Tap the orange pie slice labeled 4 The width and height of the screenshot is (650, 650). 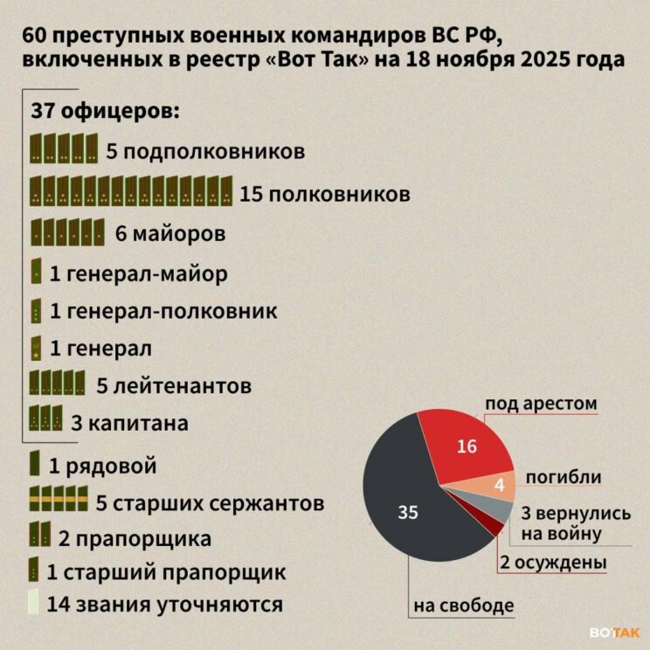[x=496, y=484]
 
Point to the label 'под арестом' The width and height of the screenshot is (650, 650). [x=541, y=404]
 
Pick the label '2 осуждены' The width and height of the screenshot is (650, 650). [x=553, y=563]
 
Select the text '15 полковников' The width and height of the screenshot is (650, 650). [x=325, y=193]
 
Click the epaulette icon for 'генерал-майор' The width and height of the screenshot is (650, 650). [x=36, y=272]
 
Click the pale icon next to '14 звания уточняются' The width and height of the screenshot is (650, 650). [x=32, y=602]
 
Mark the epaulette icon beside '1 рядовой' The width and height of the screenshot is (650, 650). [x=35, y=463]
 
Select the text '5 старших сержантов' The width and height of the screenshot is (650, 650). [x=210, y=503]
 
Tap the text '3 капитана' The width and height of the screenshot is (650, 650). [x=129, y=424]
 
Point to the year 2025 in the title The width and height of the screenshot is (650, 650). [x=552, y=60]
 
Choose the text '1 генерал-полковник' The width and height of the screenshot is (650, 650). [x=164, y=310]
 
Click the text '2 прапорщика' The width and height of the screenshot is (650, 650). [x=135, y=537]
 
